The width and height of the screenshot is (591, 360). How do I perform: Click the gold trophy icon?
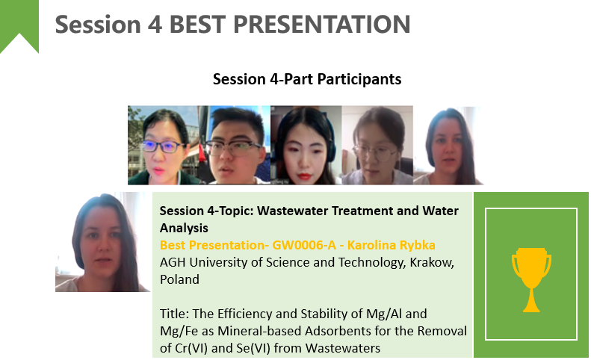531,279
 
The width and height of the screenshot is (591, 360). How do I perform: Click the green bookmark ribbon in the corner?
19,22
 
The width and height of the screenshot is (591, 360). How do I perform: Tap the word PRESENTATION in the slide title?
321,25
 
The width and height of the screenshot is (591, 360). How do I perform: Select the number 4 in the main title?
155,25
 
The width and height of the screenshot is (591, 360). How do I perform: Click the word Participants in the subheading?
359,79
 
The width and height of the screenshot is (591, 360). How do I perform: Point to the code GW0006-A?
304,245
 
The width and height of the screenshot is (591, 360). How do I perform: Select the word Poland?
179,279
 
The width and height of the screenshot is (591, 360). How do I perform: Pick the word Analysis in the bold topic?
184,228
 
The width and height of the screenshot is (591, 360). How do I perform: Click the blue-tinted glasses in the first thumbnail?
163,146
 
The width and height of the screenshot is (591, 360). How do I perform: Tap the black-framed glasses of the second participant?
233,149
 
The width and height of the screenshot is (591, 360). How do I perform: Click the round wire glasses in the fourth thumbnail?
374,152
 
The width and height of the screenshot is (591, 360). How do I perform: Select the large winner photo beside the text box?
102,242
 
